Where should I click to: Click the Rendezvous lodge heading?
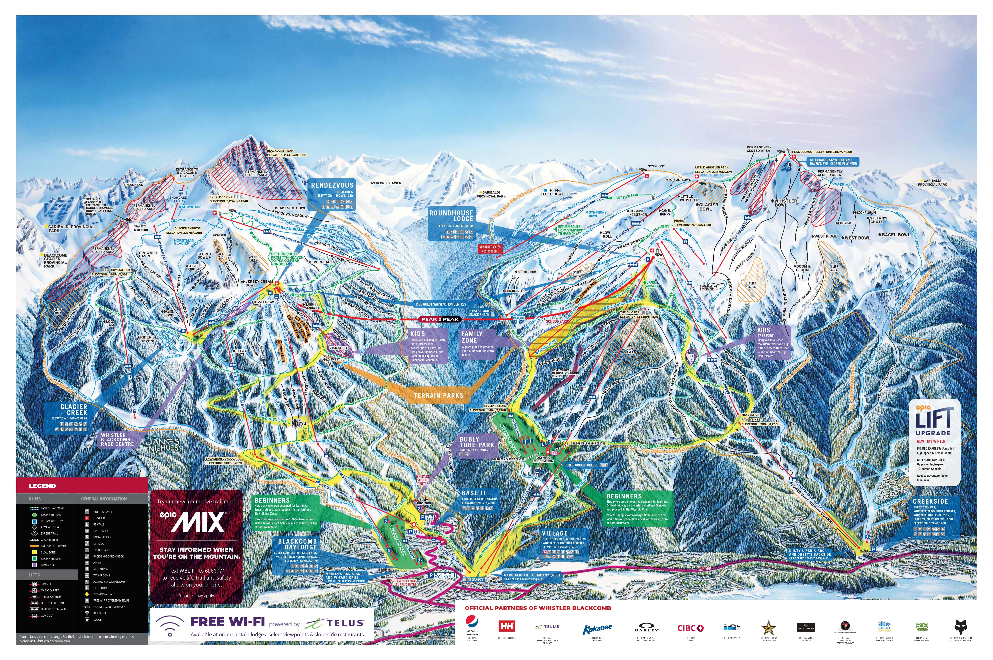point(332,185)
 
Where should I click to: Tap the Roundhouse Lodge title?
point(451,216)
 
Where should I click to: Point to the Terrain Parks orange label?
point(438,396)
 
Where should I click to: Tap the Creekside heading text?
point(930,501)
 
